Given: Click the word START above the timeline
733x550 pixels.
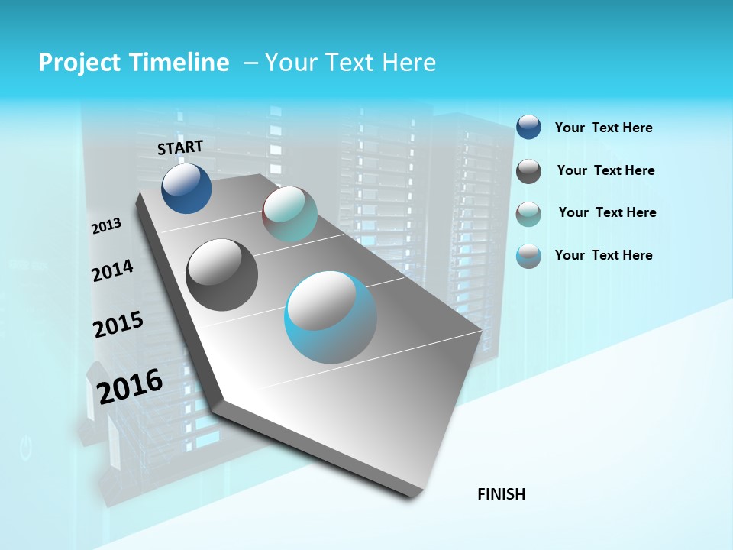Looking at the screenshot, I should point(180,147).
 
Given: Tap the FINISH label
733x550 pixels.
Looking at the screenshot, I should point(502,494).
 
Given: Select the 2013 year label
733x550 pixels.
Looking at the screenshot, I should point(106,226).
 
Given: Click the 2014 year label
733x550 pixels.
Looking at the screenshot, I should point(112,270).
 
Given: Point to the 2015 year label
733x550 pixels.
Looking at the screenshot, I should point(118,325).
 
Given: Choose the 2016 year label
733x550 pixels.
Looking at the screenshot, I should point(130,386).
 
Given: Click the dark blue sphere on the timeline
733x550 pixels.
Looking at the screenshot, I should point(186,189).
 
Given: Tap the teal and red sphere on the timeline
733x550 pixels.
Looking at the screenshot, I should point(289,214).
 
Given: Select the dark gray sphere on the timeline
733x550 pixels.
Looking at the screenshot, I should point(221,275).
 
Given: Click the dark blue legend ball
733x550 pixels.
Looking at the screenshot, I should point(528,127).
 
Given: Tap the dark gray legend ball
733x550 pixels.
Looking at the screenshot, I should point(528,171).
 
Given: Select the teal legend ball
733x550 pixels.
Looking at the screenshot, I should point(528,214).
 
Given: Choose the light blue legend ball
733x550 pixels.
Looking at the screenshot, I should point(528,257).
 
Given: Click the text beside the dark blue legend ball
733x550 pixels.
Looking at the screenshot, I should point(603,128).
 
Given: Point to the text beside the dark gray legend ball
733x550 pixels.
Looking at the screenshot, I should point(605,170).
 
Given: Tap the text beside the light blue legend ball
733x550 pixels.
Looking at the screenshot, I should point(603,255).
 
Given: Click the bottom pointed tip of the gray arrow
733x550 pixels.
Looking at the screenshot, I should point(413,496).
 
